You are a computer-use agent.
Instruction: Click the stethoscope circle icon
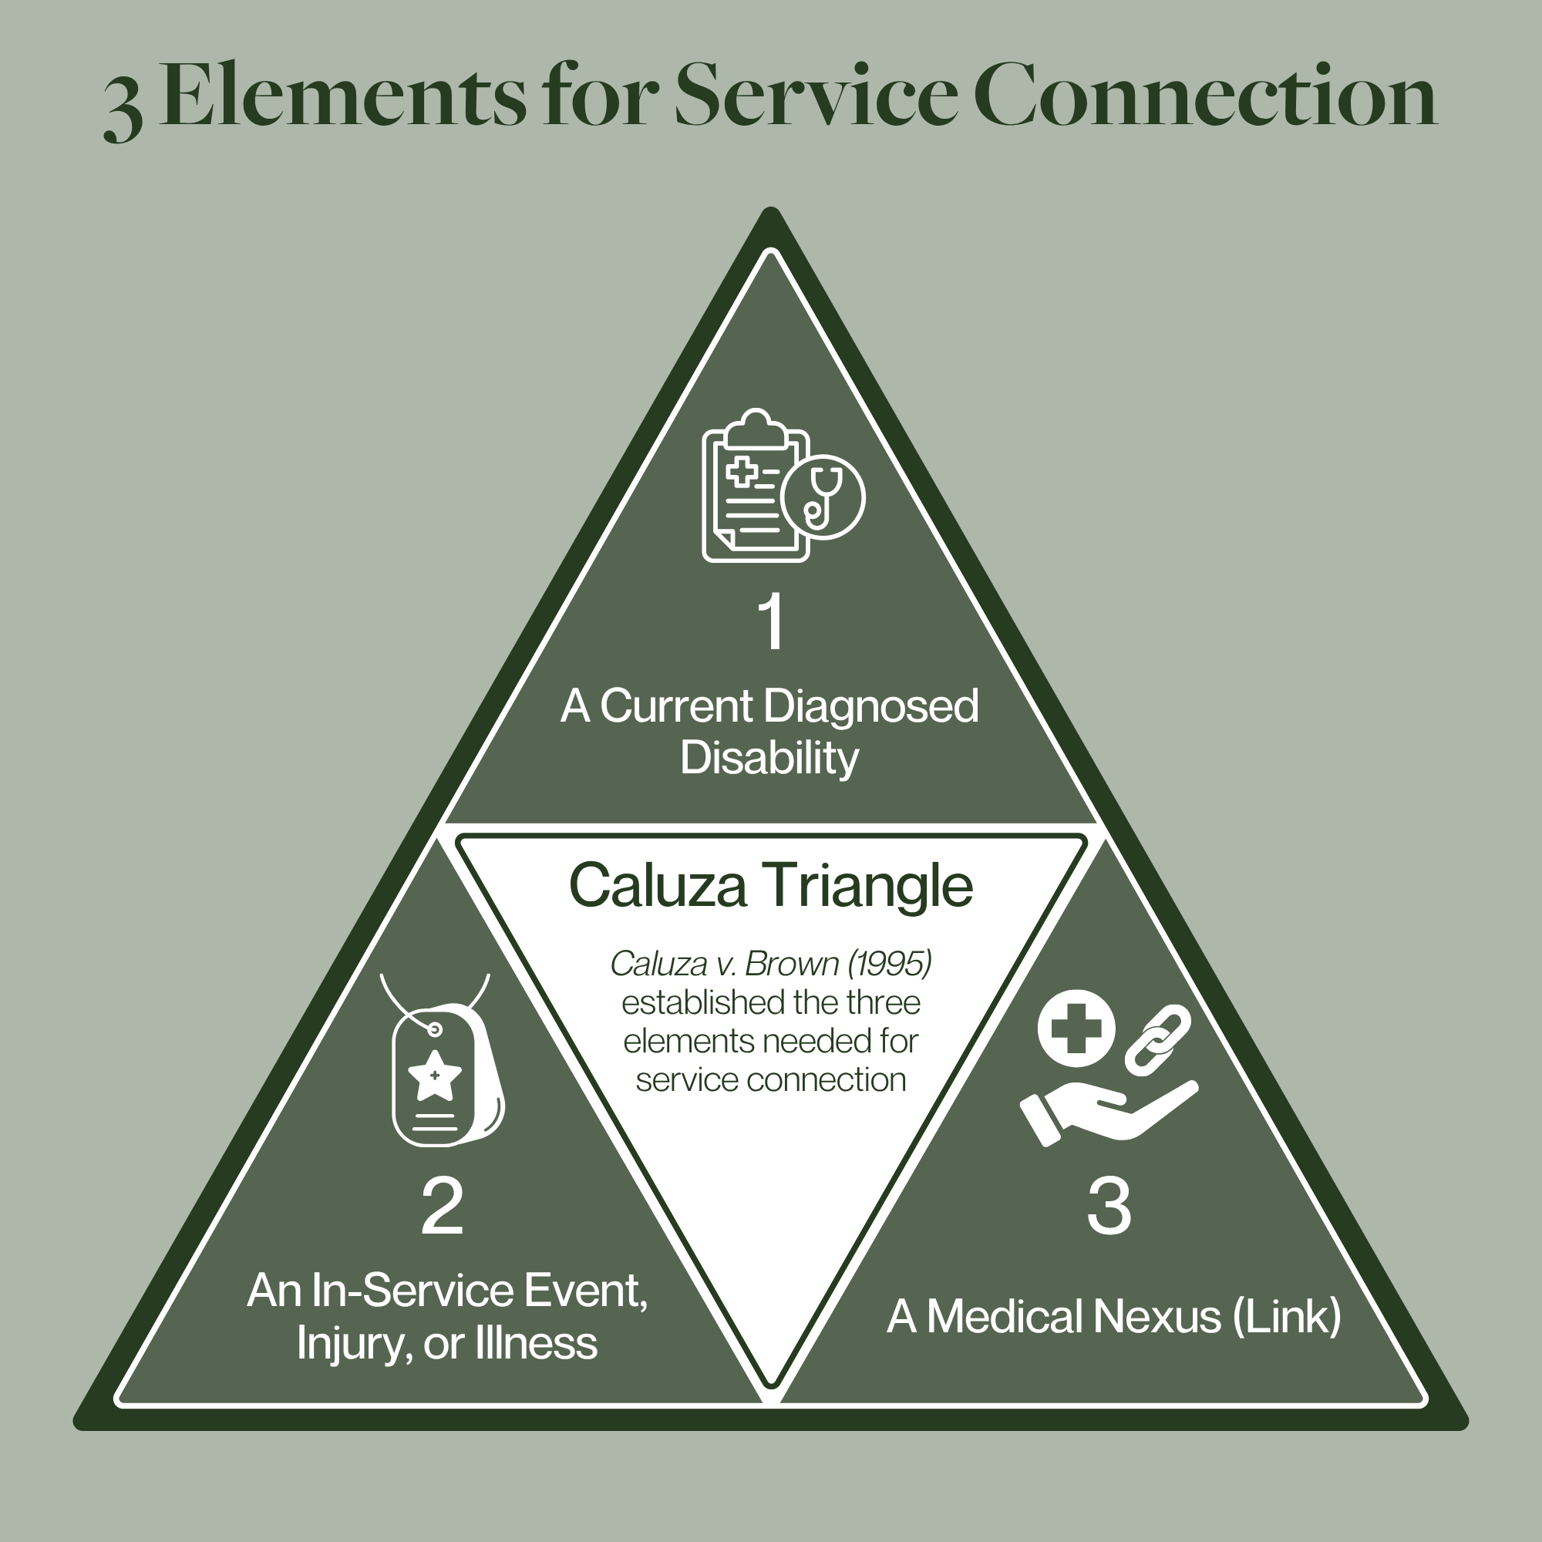823,497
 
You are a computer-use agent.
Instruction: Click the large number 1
772,621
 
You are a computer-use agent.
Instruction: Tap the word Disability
769,757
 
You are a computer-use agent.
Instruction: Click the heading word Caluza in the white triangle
658,885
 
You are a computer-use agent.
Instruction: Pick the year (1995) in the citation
889,965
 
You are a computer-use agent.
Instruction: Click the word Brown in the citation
792,965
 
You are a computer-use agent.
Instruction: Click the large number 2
442,1206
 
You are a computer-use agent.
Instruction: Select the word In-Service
412,1291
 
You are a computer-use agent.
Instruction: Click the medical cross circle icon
1076,1028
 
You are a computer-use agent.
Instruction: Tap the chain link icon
1157,1039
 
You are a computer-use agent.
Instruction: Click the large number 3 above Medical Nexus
1109,1204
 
